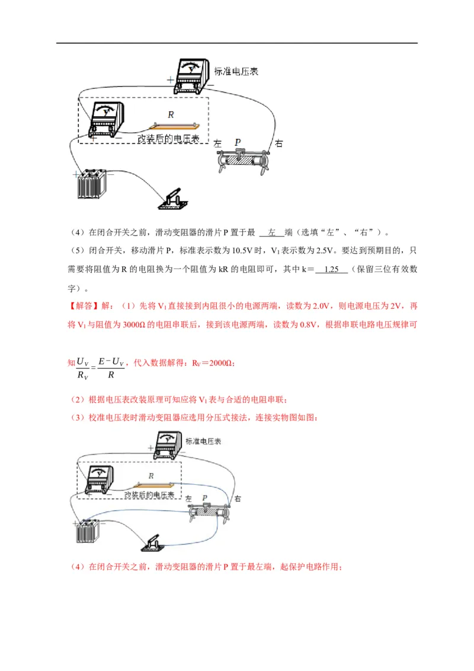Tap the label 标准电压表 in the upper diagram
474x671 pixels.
236,72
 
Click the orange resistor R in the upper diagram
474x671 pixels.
174,125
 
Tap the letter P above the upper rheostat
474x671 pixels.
238,142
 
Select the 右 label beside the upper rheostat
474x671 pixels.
279,143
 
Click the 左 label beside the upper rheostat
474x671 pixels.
217,143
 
